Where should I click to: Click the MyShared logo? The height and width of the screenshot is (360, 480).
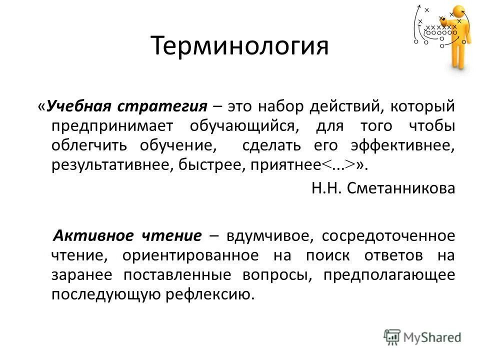422,337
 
